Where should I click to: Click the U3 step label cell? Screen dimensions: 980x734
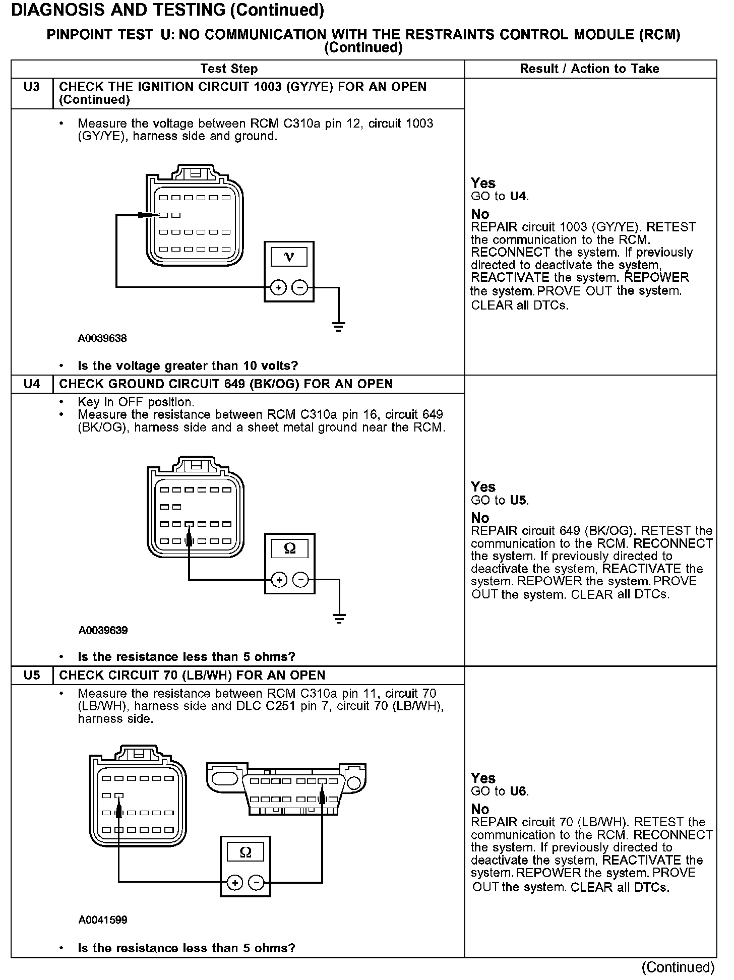click(x=31, y=88)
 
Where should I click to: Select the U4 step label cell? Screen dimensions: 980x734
click(x=31, y=384)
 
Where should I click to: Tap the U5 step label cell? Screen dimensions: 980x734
click(x=31, y=676)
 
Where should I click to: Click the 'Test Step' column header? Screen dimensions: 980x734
click(x=229, y=69)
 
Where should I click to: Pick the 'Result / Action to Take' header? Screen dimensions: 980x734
click(x=589, y=69)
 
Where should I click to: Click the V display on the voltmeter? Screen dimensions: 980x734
click(x=289, y=257)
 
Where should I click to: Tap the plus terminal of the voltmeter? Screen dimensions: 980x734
click(x=278, y=288)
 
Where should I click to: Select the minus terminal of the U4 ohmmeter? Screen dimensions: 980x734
click(x=301, y=580)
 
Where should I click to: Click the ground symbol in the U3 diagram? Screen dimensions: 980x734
click(x=338, y=326)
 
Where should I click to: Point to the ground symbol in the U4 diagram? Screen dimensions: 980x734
click(x=339, y=618)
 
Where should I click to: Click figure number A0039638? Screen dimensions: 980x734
click(x=102, y=339)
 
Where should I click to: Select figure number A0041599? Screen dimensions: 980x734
click(x=103, y=920)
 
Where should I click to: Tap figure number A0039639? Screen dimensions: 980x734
click(x=103, y=631)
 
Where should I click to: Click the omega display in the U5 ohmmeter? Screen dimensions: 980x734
click(x=246, y=852)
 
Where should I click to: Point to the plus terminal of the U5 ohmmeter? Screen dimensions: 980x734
click(x=234, y=883)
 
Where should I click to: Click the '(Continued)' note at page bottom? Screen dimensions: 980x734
click(x=678, y=967)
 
